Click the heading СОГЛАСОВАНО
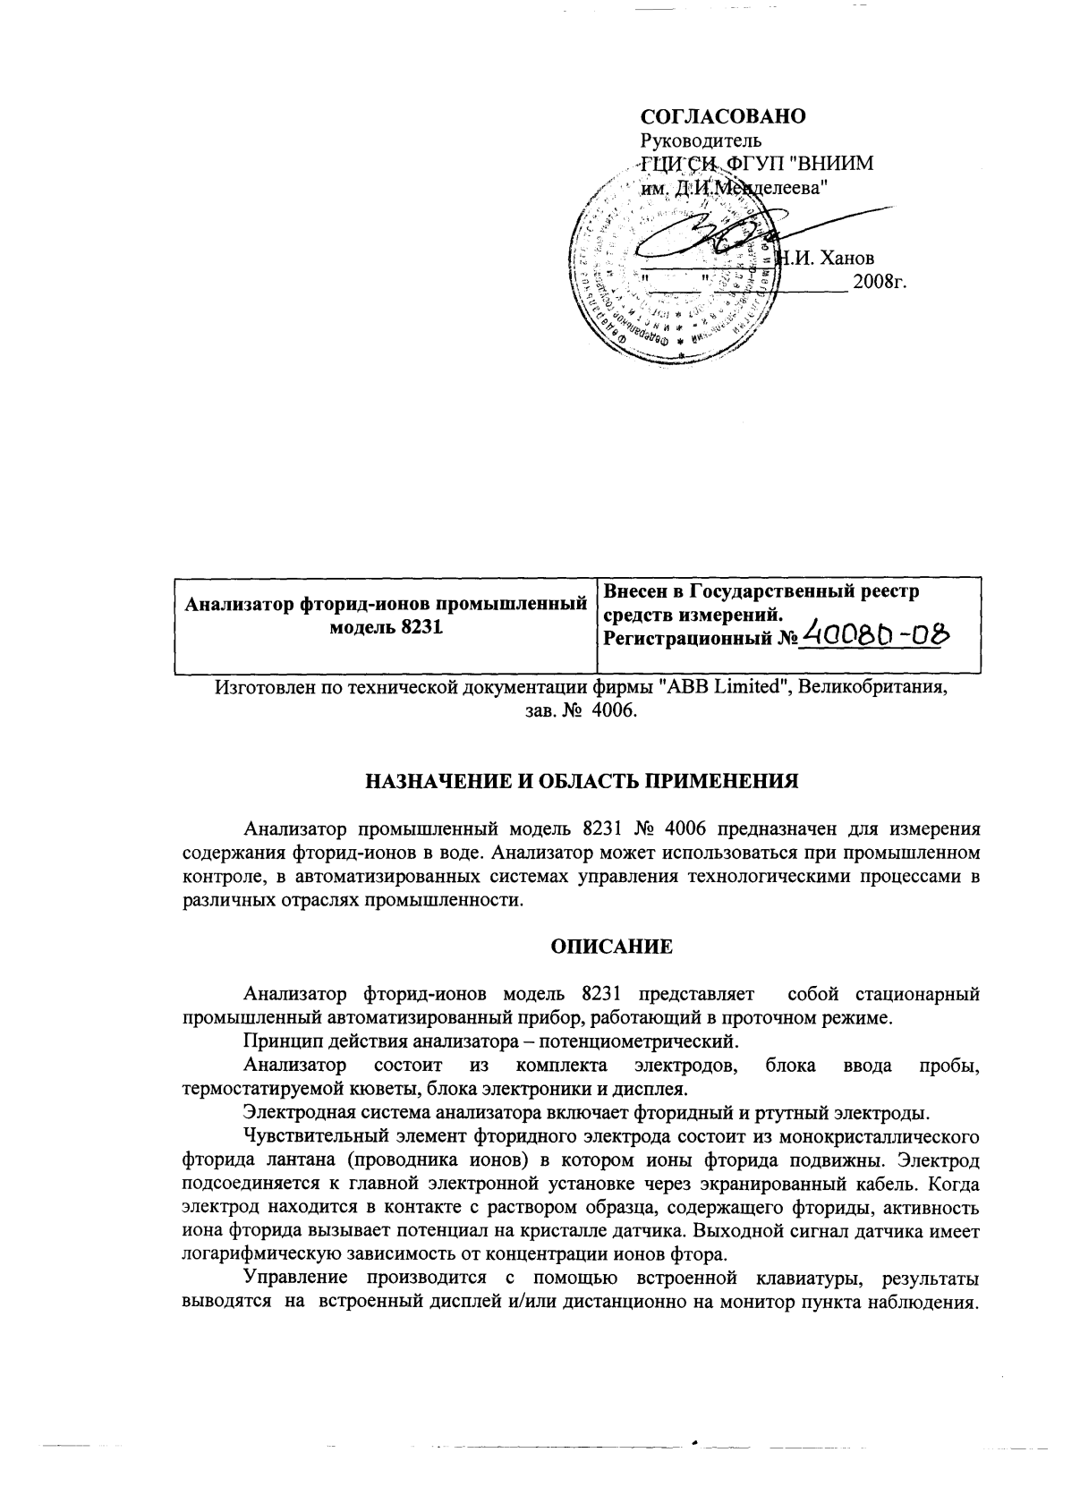click(x=723, y=117)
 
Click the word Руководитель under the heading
click(x=700, y=140)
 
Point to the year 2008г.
click(x=880, y=282)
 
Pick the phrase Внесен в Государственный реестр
click(x=761, y=591)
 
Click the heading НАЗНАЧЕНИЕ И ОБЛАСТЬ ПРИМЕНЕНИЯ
click(x=582, y=780)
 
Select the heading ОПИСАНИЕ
click(x=610, y=947)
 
